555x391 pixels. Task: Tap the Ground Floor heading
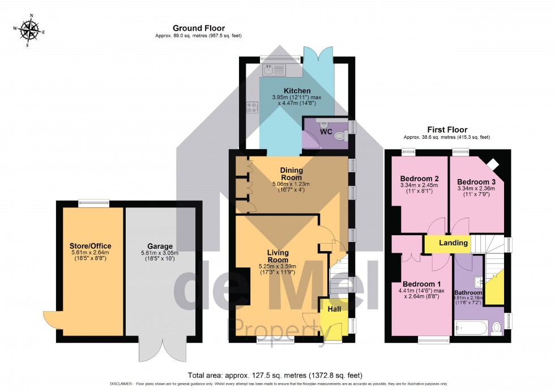click(198, 28)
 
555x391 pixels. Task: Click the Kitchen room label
click(297, 91)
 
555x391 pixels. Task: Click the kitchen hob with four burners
click(252, 108)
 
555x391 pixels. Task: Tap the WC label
click(326, 131)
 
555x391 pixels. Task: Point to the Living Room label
click(279, 256)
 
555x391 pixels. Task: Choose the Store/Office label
click(91, 246)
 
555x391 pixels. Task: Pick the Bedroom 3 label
click(476, 181)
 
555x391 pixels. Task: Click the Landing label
click(453, 243)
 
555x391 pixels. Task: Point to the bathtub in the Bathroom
click(469, 328)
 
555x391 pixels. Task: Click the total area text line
click(275, 375)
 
